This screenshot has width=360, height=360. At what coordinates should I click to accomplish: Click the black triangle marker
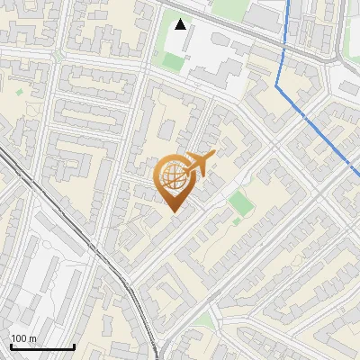point(181,24)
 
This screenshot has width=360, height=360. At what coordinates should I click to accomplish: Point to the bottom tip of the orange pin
point(173,211)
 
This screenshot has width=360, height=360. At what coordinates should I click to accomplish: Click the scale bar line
point(42,346)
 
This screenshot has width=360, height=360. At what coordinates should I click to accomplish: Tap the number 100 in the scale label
point(20,338)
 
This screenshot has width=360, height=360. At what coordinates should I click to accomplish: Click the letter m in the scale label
point(32,338)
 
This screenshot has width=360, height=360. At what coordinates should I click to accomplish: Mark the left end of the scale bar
point(11,346)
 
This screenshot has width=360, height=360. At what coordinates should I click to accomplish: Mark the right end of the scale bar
point(74,346)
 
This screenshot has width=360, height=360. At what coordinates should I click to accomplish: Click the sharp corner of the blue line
point(275,86)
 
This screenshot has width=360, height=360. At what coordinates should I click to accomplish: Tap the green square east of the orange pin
point(238,202)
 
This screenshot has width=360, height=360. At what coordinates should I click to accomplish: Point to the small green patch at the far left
point(19,91)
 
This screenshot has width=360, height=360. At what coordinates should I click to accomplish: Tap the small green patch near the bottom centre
point(205,321)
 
